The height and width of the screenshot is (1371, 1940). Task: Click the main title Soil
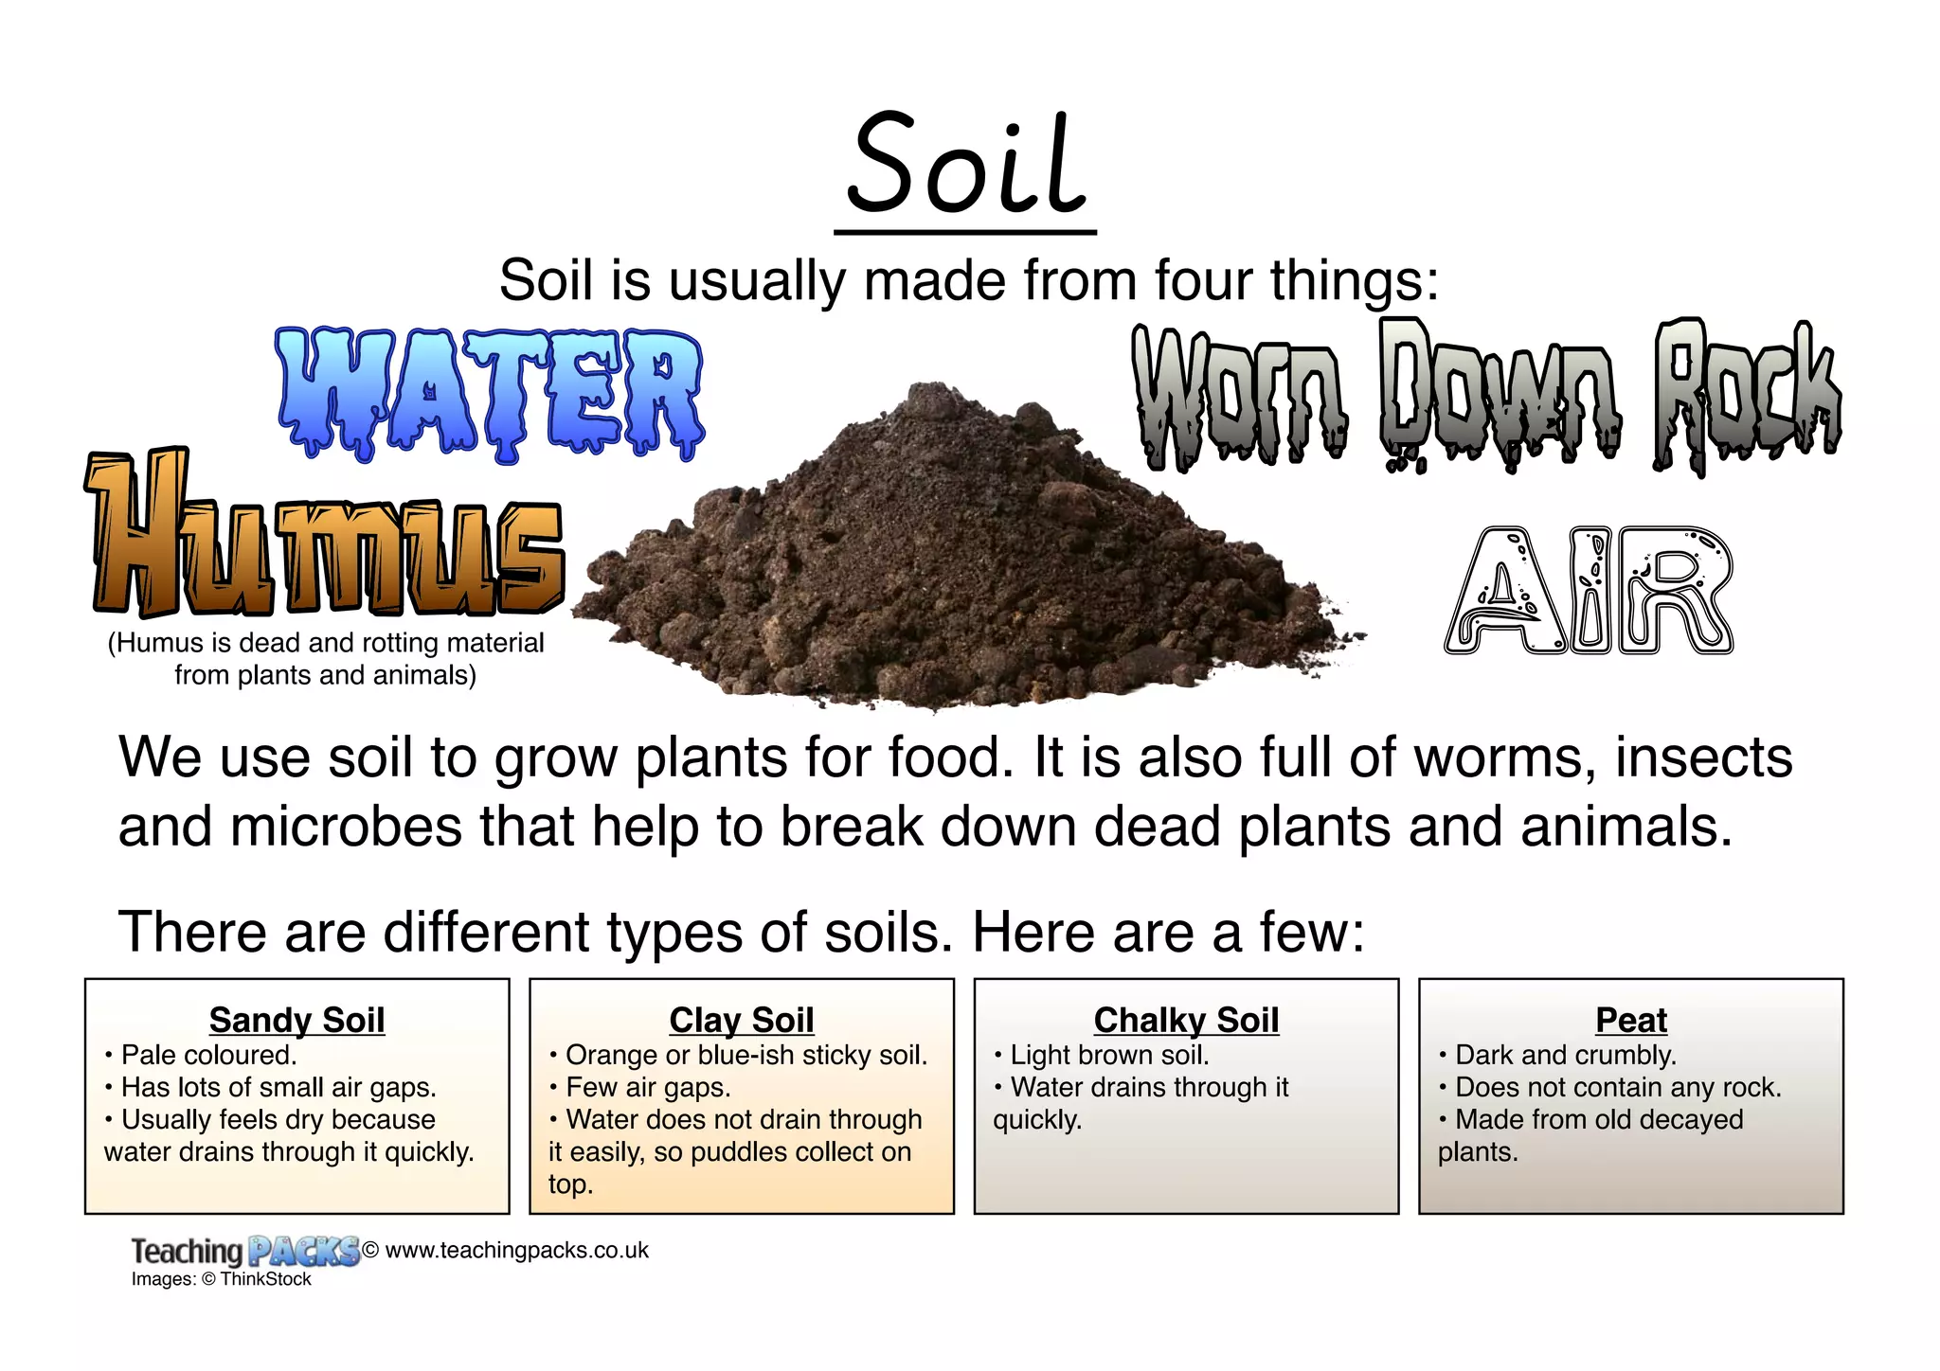point(965,166)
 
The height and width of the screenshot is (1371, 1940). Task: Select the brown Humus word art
point(326,535)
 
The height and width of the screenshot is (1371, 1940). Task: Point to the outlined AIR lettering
point(1589,591)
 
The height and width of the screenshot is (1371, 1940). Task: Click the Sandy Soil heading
point(296,1020)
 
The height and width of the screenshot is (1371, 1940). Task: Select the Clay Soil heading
point(741,1020)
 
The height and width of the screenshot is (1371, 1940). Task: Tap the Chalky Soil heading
point(1186,1020)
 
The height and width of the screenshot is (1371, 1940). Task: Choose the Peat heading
point(1630,1020)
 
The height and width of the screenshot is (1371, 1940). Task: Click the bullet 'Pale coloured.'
point(208,1055)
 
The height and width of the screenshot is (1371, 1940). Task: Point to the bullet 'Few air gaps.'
point(648,1087)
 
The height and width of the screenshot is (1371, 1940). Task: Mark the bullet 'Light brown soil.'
point(1109,1055)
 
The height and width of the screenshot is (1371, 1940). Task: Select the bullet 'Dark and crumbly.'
point(1565,1055)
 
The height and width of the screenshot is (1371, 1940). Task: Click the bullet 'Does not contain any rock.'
point(1618,1087)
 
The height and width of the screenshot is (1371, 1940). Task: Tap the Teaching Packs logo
point(244,1251)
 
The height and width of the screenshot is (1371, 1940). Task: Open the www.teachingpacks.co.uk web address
point(516,1250)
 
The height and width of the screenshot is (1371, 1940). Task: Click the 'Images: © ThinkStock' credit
point(221,1279)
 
